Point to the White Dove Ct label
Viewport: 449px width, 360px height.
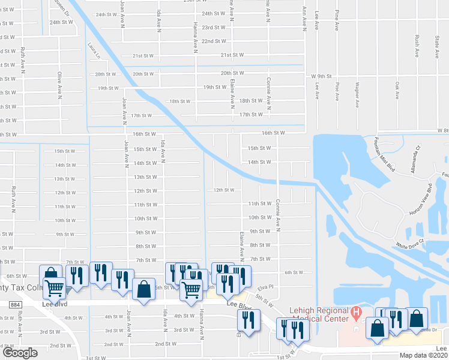click(x=409, y=245)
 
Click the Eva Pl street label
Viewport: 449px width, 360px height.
click(x=267, y=287)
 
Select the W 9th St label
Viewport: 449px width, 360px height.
click(x=321, y=76)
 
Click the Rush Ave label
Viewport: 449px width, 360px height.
click(x=416, y=46)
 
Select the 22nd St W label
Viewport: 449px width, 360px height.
click(x=213, y=41)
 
